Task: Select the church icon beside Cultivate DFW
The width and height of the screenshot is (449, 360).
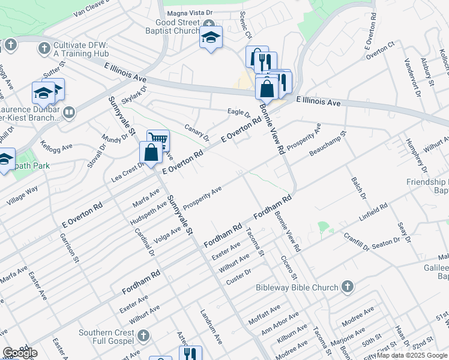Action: pyautogui.click(x=44, y=47)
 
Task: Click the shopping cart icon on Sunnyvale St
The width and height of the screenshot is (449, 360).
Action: pyautogui.click(x=158, y=141)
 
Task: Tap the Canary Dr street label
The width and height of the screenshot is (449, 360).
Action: pyautogui.click(x=198, y=133)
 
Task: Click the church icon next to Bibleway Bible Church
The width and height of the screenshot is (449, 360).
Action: pyautogui.click(x=347, y=287)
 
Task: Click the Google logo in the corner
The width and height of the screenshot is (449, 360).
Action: pyautogui.click(x=20, y=353)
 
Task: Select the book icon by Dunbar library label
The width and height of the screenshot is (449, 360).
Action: pyautogui.click(x=69, y=112)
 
